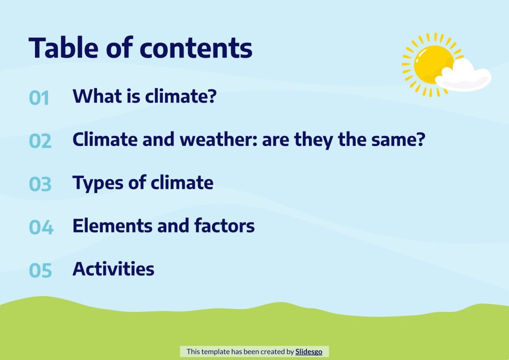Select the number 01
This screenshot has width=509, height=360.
click(39, 98)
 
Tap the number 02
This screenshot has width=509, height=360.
click(40, 141)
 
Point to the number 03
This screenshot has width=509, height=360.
click(40, 184)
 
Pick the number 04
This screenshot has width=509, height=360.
click(41, 227)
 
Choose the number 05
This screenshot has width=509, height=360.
click(40, 270)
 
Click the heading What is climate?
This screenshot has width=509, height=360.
click(144, 96)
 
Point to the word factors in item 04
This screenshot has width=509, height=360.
click(224, 226)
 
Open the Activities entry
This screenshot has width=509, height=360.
click(113, 269)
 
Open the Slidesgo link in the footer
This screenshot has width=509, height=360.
click(309, 352)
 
